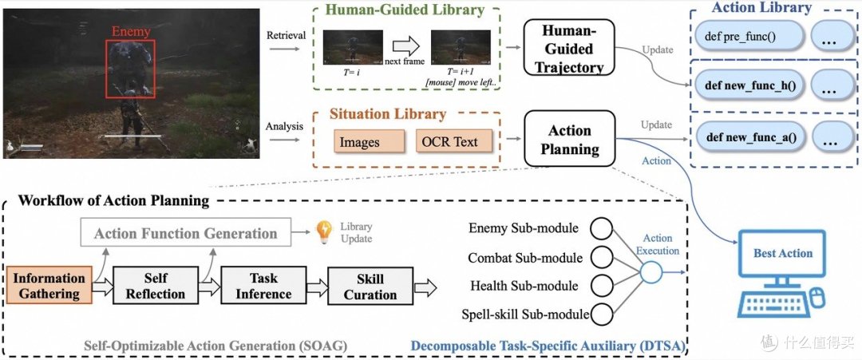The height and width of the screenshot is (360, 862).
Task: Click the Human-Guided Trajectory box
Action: point(568,49)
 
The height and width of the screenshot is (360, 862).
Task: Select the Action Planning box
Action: point(569,139)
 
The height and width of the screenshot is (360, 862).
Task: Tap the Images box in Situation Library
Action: point(359,141)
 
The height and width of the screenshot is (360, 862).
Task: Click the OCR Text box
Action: point(450,141)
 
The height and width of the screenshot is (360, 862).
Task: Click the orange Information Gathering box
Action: point(49,286)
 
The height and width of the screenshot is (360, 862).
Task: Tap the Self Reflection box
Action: point(156,286)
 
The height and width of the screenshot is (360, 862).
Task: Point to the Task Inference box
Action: point(263,286)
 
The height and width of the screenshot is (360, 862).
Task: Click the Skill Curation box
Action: point(370,286)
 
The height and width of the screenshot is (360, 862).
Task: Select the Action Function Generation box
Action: point(186,234)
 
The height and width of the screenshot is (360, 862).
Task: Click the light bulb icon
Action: point(324,231)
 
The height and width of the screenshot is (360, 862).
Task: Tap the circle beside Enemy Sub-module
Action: point(602,228)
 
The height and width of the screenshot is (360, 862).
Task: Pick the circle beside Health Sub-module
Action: point(602,286)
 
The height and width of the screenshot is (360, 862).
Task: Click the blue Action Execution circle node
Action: point(651,271)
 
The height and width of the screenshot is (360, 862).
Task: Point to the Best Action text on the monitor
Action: point(783,253)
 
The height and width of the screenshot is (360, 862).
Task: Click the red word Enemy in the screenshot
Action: point(131,32)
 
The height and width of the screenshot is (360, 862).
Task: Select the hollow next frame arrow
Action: point(406,45)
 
